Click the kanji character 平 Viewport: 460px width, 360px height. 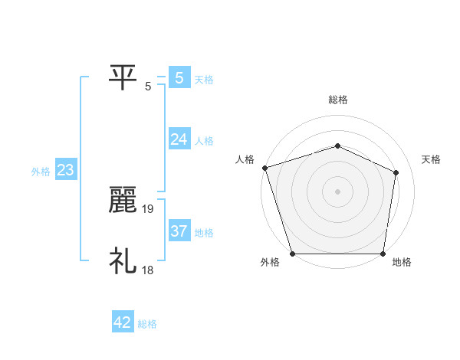[x=123, y=77]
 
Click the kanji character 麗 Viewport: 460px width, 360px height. [x=123, y=201]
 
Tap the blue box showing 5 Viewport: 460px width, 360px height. [x=179, y=77]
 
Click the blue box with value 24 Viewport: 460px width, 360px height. [x=179, y=139]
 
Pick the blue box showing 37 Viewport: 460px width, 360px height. [x=179, y=231]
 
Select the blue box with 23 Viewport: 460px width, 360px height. [x=65, y=170]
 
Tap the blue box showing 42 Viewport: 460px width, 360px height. [x=123, y=322]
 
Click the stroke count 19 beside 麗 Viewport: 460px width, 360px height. [x=149, y=208]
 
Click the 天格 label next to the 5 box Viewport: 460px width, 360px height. [x=204, y=79]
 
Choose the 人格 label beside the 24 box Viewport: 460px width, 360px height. [x=204, y=141]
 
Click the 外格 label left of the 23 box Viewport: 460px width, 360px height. [x=41, y=172]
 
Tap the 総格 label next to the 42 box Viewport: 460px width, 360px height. [x=147, y=324]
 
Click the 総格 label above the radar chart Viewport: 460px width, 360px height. [x=337, y=100]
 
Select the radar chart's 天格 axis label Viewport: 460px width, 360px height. [x=432, y=159]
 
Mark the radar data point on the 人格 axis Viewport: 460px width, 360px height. [x=264, y=168]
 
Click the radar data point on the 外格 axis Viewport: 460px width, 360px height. [x=293, y=254]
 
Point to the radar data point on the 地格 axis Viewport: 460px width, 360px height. [x=383, y=254]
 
